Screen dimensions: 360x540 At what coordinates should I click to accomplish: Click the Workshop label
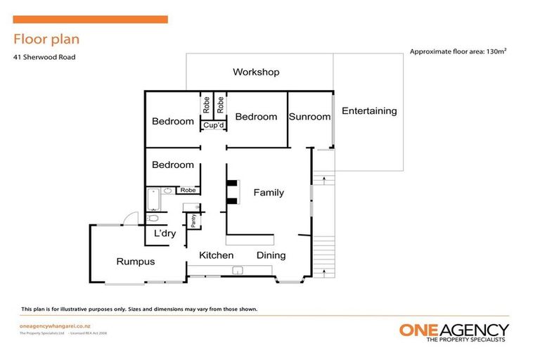pos(256,72)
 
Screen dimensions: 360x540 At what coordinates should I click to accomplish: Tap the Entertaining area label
pos(369,111)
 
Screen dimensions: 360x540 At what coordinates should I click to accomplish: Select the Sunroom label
pos(309,117)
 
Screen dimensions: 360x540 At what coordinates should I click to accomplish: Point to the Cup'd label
pos(213,126)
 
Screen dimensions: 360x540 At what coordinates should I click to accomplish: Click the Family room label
pos(269,193)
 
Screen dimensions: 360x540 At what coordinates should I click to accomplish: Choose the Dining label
pos(271,255)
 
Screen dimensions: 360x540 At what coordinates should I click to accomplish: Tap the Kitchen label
pos(216,255)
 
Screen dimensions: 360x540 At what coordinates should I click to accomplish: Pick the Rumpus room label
pos(135,262)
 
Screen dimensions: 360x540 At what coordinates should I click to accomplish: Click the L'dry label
pos(165,233)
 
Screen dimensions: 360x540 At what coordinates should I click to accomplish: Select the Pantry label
pos(193,221)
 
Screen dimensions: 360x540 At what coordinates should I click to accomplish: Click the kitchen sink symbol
pos(238,269)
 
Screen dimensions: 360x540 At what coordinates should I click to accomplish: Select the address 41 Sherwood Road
pos(44,57)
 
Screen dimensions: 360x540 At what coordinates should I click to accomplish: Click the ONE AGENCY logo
pos(454,331)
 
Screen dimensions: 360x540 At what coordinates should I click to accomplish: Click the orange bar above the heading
pos(90,20)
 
